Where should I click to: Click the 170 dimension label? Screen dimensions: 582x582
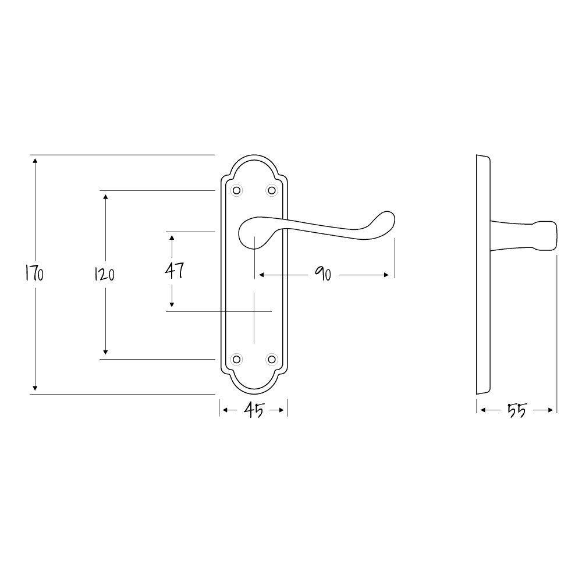point(34,274)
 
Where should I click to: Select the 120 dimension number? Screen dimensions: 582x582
point(105,274)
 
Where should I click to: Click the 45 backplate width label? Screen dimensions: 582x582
point(253,411)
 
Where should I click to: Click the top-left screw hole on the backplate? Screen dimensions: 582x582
point(236,190)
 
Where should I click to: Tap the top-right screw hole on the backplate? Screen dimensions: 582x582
point(271,190)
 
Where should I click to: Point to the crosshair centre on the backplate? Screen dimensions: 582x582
point(254,311)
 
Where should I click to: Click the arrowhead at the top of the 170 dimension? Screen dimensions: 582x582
point(35,160)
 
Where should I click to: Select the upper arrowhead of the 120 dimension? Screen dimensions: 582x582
point(105,196)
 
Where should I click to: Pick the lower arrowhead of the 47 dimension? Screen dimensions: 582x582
point(172,304)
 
